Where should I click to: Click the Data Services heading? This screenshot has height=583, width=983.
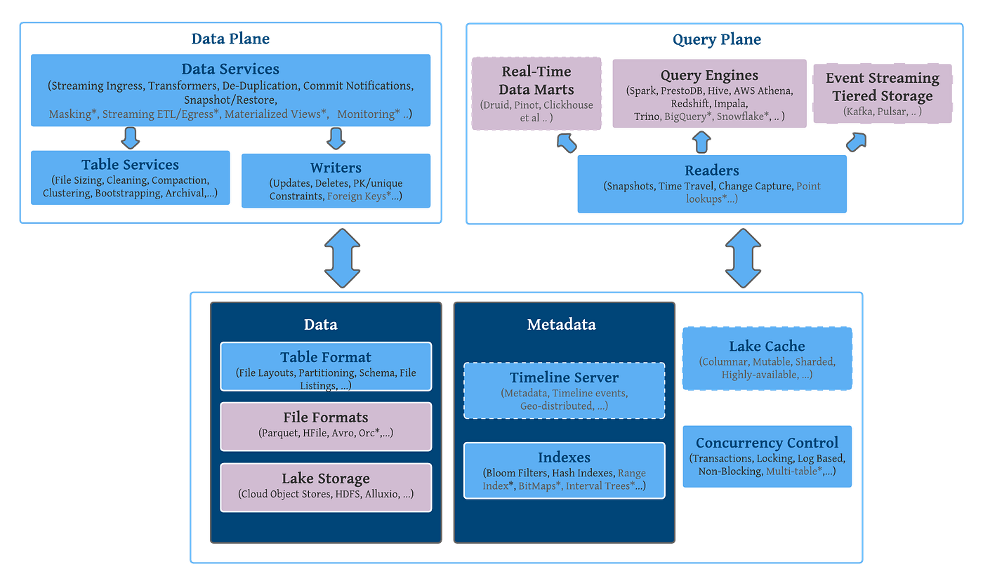[x=230, y=69]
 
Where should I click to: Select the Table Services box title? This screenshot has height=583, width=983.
[x=130, y=165]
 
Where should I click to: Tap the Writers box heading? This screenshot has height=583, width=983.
[x=336, y=168]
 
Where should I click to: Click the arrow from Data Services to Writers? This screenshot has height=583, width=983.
[x=336, y=138]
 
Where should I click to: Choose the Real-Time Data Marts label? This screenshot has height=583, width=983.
[x=536, y=81]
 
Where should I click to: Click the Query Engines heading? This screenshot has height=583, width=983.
[x=709, y=75]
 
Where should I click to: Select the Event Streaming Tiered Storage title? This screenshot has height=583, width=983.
[x=882, y=87]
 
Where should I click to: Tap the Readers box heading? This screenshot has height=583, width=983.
[x=711, y=170]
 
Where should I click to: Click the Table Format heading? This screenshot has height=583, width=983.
[x=326, y=357]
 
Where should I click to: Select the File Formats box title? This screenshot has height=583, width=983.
[x=326, y=417]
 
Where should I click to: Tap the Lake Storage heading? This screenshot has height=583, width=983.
[x=326, y=478]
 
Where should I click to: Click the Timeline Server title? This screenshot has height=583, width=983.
[x=564, y=377]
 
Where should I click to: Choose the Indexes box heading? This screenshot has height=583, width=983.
[x=564, y=457]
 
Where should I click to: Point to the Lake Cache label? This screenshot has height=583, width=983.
[x=767, y=346]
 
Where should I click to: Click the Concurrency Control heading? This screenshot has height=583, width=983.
[x=767, y=443]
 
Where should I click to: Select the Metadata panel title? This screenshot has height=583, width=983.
[x=561, y=324]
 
